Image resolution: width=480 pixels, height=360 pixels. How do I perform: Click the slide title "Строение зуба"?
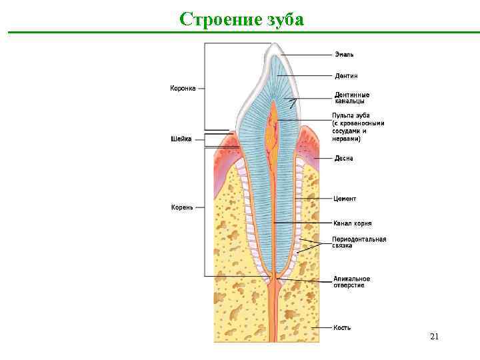click(x=241, y=19)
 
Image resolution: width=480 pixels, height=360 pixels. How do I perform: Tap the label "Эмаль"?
click(x=344, y=55)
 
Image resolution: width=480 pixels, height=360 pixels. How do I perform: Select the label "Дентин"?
click(x=346, y=76)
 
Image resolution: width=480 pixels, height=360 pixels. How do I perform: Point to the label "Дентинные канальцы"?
click(x=351, y=98)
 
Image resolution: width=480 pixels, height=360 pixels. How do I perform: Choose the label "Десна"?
click(x=344, y=159)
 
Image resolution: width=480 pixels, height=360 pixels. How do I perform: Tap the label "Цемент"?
click(x=345, y=199)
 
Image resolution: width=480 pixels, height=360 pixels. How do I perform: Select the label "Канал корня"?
click(x=353, y=223)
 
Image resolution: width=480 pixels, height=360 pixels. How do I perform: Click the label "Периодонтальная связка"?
click(x=359, y=242)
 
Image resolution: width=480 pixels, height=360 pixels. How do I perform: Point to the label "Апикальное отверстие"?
click(x=351, y=282)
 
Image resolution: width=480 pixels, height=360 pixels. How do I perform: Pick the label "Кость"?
click(x=343, y=327)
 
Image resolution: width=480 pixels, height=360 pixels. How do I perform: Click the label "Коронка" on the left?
click(x=183, y=87)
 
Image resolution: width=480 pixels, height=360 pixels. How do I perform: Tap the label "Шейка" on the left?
click(x=181, y=139)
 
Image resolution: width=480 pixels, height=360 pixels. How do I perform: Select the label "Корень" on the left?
click(x=182, y=207)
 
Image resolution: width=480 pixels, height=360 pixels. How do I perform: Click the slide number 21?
click(x=434, y=337)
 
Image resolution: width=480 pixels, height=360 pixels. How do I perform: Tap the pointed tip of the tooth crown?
click(x=274, y=45)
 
